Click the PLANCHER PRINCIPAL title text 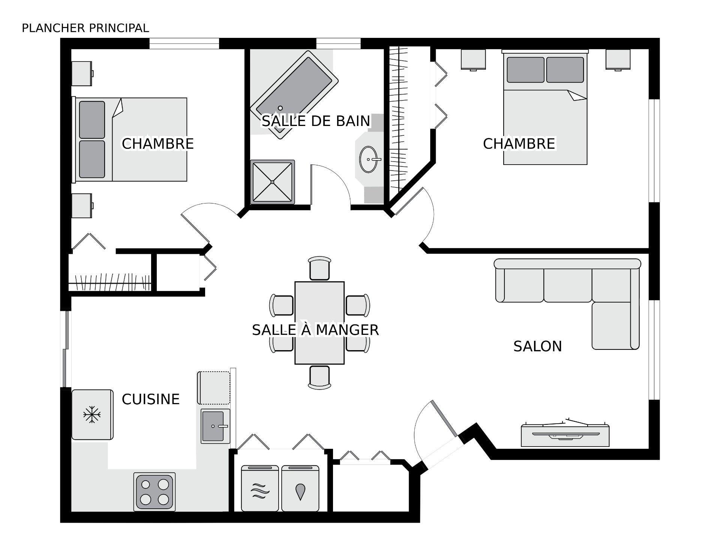click(85, 28)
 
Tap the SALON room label click(537, 346)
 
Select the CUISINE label click(150, 399)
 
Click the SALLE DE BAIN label click(316, 121)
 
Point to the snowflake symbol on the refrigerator click(92, 415)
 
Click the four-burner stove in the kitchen click(154, 492)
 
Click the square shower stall click(273, 182)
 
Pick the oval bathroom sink click(368, 159)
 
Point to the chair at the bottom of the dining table click(319, 378)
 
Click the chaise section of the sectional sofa click(615, 325)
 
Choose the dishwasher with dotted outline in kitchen click(213, 388)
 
